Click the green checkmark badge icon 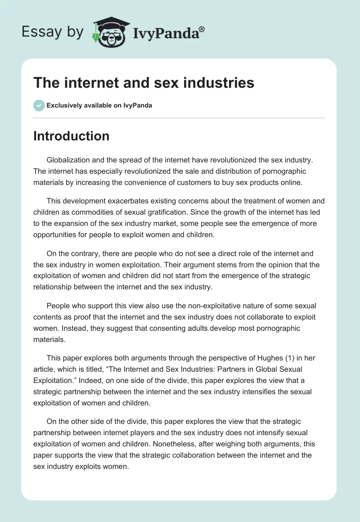[39, 105]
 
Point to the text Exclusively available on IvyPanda [99, 105]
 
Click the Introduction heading [72, 136]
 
